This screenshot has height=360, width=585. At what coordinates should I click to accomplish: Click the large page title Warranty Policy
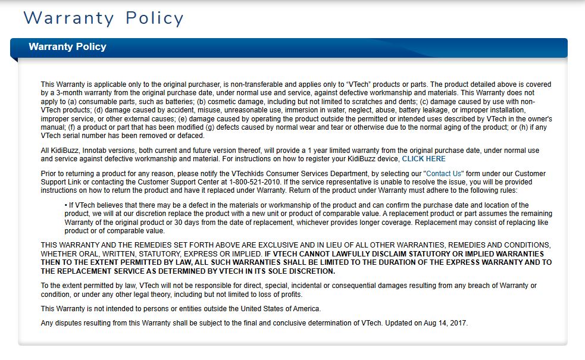click(104, 18)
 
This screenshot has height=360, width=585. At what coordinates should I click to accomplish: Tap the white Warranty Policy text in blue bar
click(67, 47)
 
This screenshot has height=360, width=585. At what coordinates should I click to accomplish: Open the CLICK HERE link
click(424, 159)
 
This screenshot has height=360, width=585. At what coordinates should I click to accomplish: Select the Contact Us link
click(444, 174)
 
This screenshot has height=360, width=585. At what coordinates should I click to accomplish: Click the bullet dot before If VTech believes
click(65, 205)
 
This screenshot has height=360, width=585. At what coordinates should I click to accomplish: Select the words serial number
click(87, 136)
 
